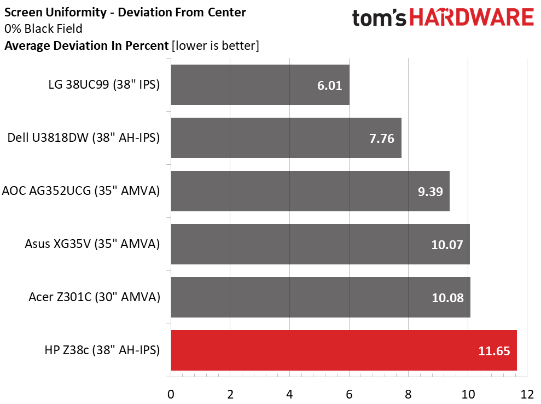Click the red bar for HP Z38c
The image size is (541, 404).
(x=344, y=350)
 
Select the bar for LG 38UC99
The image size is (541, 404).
(x=260, y=85)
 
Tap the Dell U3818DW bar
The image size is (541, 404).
(x=286, y=138)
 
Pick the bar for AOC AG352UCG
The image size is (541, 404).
(x=310, y=191)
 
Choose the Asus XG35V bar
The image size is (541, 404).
(x=320, y=244)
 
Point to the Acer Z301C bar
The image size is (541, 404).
(x=321, y=297)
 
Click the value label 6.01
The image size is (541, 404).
(x=330, y=85)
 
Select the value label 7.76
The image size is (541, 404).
(x=382, y=138)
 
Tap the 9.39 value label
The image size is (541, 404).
(x=429, y=192)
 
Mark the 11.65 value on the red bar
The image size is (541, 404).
(x=494, y=351)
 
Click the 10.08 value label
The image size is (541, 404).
(x=447, y=298)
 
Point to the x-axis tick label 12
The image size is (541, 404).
(x=527, y=394)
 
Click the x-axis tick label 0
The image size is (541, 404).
(x=171, y=394)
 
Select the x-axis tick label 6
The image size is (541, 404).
(x=349, y=394)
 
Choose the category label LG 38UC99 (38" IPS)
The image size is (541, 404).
(x=104, y=85)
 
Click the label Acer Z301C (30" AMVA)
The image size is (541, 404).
(x=94, y=297)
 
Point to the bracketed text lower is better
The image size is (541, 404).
(x=215, y=46)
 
